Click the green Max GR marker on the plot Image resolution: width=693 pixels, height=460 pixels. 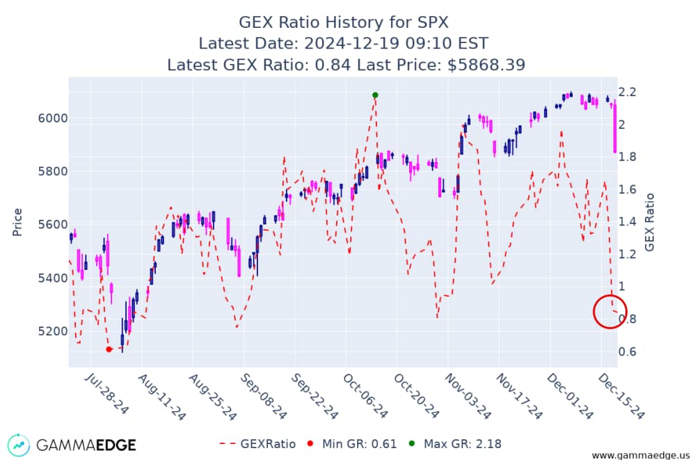click(x=375, y=95)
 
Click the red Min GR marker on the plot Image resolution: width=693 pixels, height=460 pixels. click(x=109, y=349)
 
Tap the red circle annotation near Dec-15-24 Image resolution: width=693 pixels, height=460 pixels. click(x=610, y=312)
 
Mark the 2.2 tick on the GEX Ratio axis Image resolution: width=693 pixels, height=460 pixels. click(x=628, y=92)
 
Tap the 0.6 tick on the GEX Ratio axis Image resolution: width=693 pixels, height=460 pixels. click(x=628, y=351)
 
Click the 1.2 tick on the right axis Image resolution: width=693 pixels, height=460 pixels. click(x=628, y=254)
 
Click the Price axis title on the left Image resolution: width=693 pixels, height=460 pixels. click(x=17, y=221)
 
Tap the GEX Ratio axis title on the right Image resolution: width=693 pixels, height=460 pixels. click(x=650, y=221)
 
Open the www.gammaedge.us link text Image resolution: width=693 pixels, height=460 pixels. click(x=639, y=454)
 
